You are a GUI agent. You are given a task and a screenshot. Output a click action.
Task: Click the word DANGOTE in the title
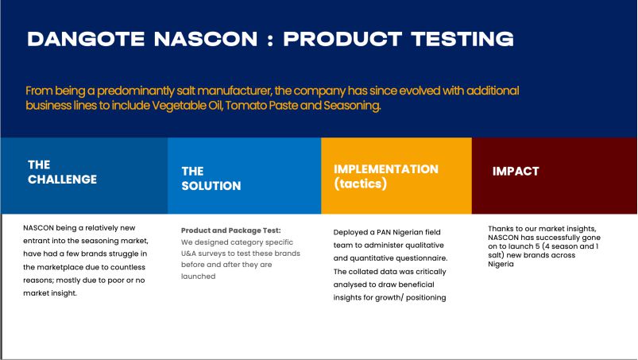point(86,39)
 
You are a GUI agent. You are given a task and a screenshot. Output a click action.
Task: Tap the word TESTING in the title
point(462,39)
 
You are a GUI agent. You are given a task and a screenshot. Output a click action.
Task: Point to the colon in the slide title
point(271,40)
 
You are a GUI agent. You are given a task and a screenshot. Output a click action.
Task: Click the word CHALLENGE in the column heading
point(62,180)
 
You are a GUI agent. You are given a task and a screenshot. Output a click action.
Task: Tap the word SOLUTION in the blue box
point(211,186)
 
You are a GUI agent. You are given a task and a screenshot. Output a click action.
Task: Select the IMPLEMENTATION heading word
point(386,169)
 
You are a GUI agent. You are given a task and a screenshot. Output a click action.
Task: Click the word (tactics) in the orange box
point(361,184)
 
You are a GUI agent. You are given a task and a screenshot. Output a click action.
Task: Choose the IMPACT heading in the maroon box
point(516,171)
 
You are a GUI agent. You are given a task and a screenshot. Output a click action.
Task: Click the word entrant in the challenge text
point(35,241)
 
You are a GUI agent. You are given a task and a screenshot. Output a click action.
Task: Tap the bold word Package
point(245,230)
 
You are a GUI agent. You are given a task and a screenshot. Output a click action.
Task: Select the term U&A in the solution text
point(188,254)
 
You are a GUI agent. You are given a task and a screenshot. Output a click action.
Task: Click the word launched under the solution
point(198,277)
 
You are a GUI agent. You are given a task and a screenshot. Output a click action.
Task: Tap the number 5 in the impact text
point(538,246)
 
